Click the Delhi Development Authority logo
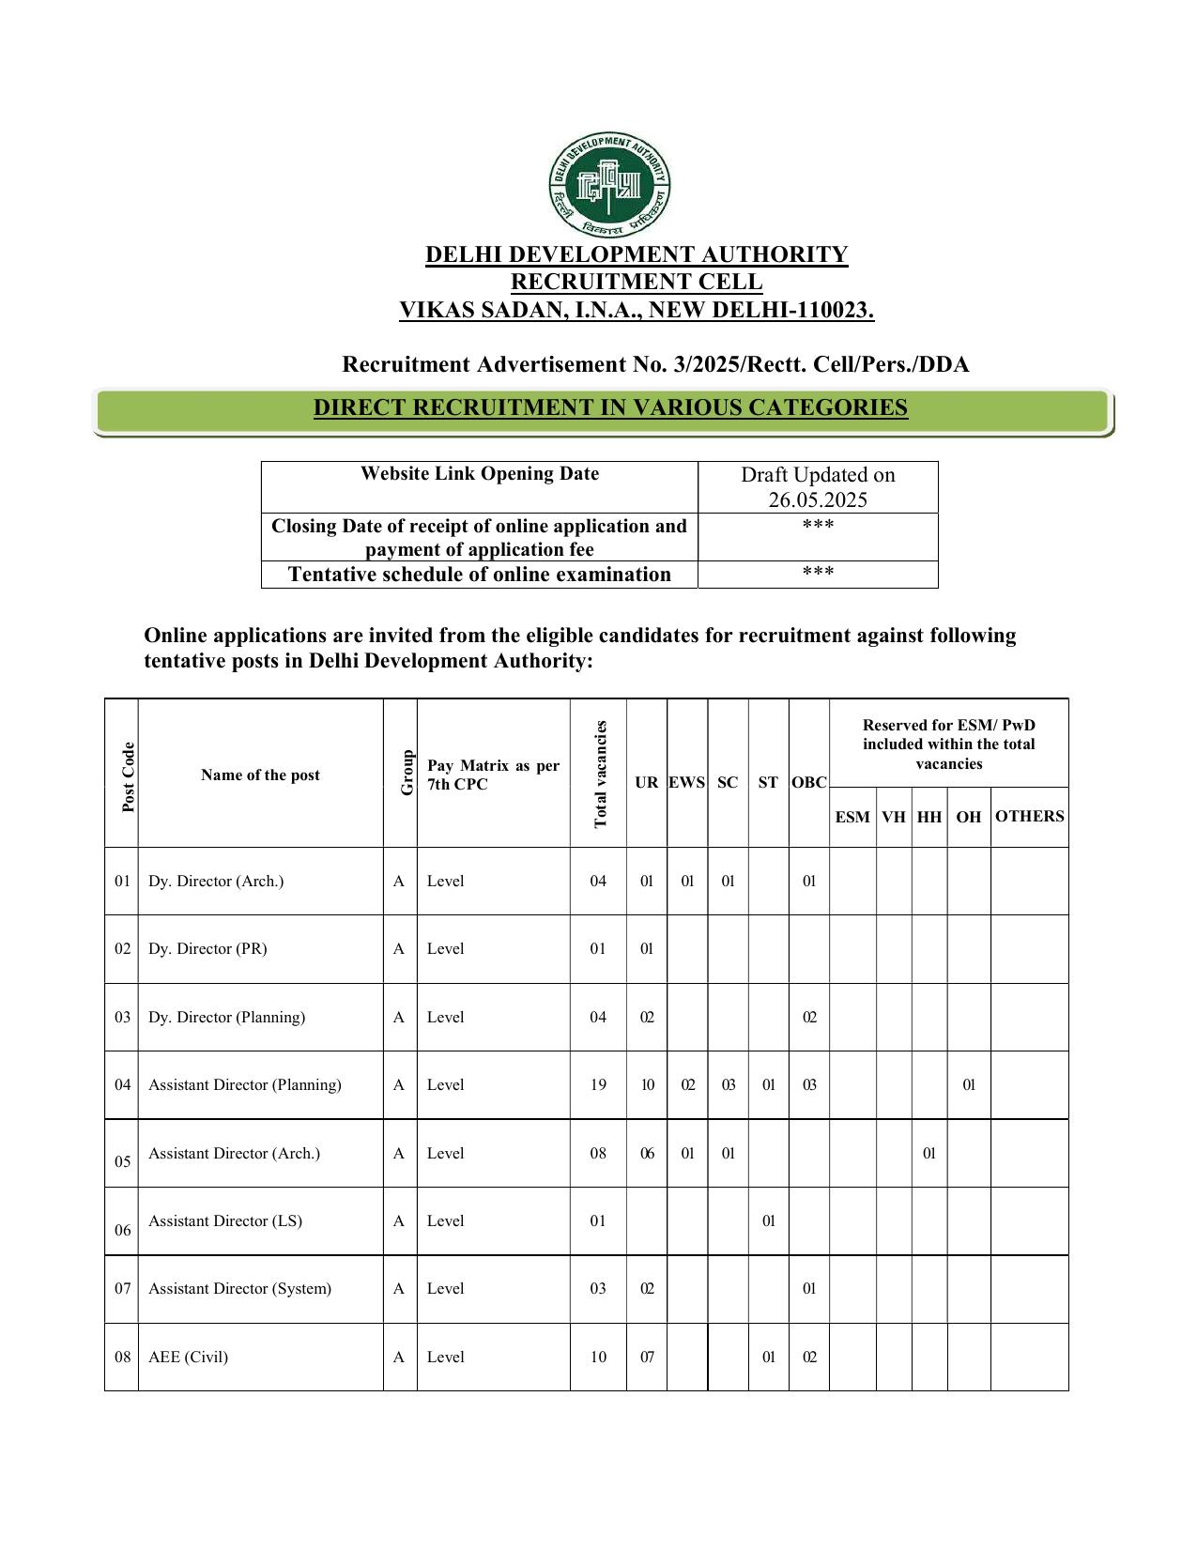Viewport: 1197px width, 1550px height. pyautogui.click(x=609, y=186)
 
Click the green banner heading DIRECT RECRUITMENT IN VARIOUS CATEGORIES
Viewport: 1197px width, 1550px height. pyautogui.click(x=610, y=408)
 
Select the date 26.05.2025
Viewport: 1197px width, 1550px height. pyautogui.click(x=818, y=499)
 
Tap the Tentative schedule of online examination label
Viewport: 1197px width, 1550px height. pyautogui.click(x=479, y=575)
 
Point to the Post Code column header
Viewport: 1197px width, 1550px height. pyautogui.click(x=129, y=776)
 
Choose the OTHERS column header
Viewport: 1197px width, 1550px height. pyautogui.click(x=1029, y=816)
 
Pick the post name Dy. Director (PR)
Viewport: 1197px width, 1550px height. pyautogui.click(x=207, y=949)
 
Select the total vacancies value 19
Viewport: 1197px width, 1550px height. pyautogui.click(x=598, y=1085)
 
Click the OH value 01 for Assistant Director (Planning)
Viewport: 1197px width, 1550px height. pyautogui.click(x=969, y=1085)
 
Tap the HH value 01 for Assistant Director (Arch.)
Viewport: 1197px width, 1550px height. pyautogui.click(x=928, y=1154)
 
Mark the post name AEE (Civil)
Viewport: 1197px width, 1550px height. pyautogui.click(x=188, y=1358)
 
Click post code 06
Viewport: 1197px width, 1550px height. pyautogui.click(x=123, y=1230)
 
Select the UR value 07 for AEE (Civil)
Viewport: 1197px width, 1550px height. pyautogui.click(x=647, y=1358)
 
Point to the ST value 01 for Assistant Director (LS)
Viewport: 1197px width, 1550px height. pyautogui.click(x=768, y=1221)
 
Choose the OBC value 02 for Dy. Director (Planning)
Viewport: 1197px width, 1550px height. pyautogui.click(x=808, y=1018)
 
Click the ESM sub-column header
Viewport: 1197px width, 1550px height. pyautogui.click(x=852, y=817)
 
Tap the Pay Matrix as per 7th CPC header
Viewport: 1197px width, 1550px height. pyautogui.click(x=493, y=775)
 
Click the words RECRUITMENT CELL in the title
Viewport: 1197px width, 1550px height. pyautogui.click(x=636, y=282)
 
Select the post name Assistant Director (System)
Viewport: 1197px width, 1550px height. pyautogui.click(x=239, y=1289)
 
